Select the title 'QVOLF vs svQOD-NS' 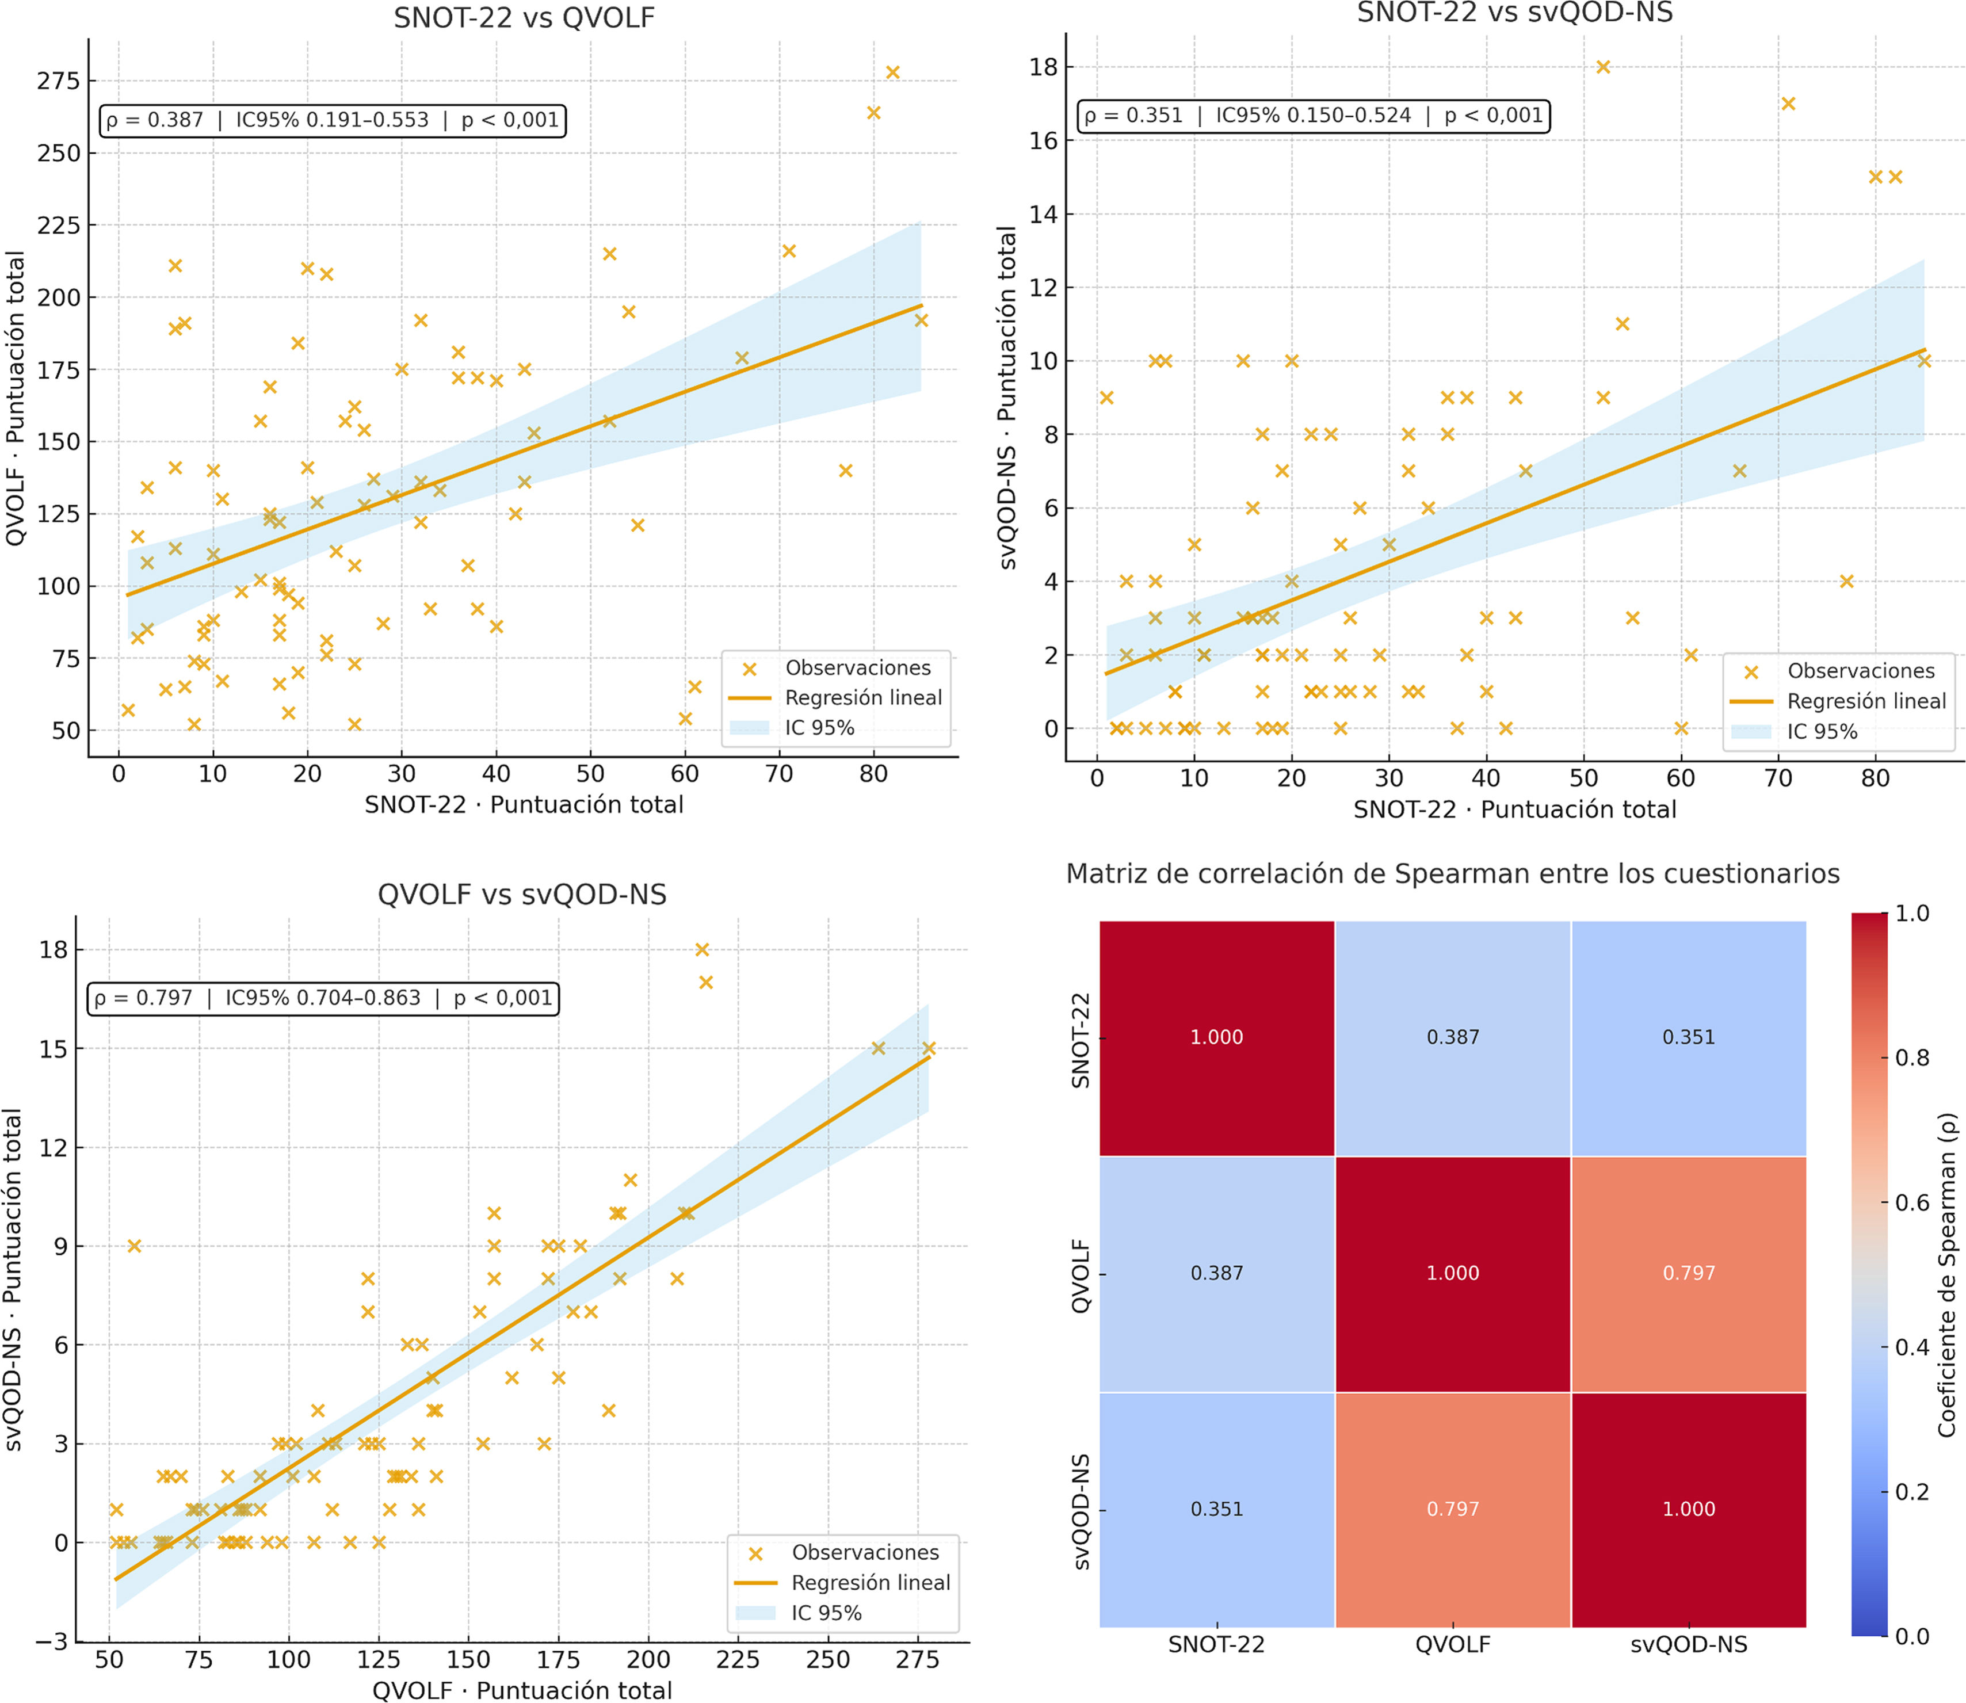(522, 894)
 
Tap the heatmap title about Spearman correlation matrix (1452, 873)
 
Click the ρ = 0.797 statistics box (323, 998)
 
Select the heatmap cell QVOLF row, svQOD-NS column (1689, 1273)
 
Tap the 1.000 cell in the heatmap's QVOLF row (1452, 1273)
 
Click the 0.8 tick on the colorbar (1911, 1057)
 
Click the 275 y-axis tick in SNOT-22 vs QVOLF (59, 81)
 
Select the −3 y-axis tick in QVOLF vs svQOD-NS (52, 1642)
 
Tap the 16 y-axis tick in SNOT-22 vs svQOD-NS (1043, 140)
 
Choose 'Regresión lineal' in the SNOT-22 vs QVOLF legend (863, 697)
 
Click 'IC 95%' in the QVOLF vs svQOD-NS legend (826, 1613)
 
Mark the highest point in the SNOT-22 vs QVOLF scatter (892, 73)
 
